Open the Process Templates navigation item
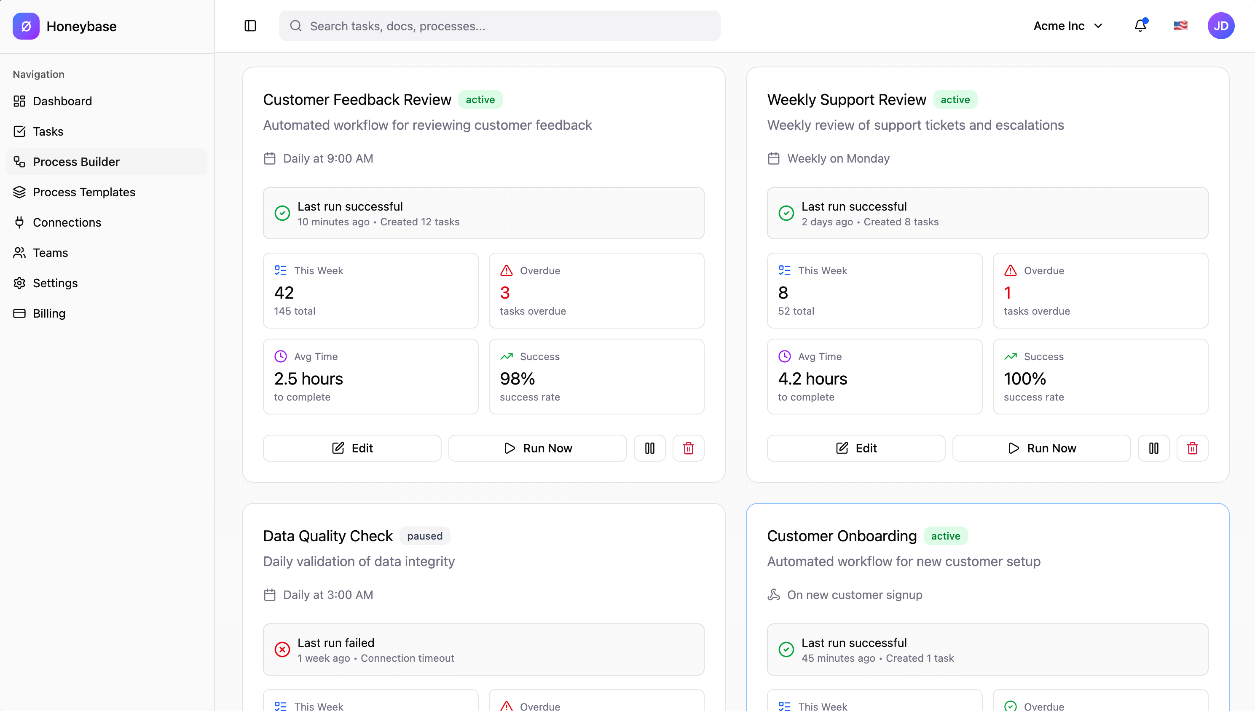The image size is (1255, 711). point(83,192)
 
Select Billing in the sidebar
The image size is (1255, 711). point(49,313)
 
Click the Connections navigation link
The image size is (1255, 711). point(67,222)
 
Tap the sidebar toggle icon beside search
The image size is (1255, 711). point(250,26)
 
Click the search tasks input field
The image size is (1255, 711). point(499,26)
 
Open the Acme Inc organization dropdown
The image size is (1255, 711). point(1068,26)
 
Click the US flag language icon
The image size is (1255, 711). point(1180,25)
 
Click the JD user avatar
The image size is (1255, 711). point(1221,26)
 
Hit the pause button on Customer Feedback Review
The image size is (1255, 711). point(650,448)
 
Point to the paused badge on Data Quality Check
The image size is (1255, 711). point(424,536)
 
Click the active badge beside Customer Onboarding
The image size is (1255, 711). point(945,536)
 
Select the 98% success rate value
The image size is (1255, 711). point(518,379)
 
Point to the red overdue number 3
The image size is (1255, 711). point(504,293)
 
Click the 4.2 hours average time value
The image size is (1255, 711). point(813,379)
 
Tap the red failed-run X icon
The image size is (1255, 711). point(282,650)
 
